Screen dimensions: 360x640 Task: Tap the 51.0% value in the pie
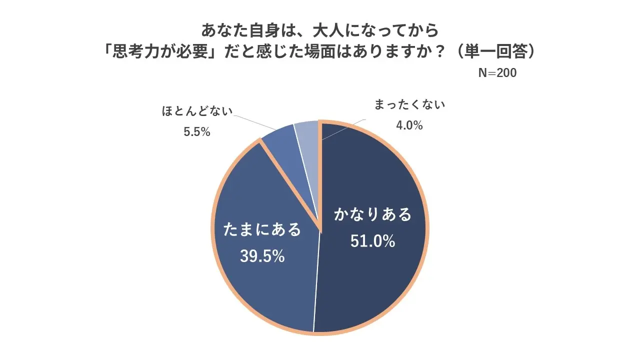372,241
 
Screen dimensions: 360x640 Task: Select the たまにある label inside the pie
263,229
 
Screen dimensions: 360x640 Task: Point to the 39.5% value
262,256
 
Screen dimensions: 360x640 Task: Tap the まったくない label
409,105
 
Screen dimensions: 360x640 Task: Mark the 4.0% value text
409,125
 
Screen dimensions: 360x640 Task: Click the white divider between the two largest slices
316,280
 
